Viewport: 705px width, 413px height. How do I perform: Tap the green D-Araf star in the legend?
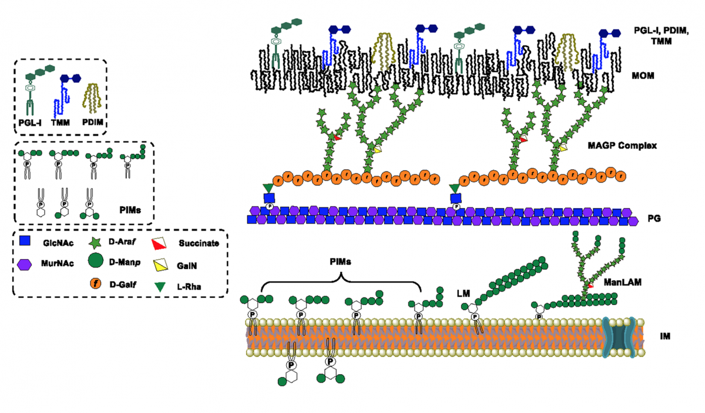(94, 241)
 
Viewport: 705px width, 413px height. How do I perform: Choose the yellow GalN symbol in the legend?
(157, 265)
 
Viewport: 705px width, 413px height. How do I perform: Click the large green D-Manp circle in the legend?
(95, 261)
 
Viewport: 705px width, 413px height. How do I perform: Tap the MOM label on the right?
(644, 77)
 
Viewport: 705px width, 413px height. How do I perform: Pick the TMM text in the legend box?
(65, 125)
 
